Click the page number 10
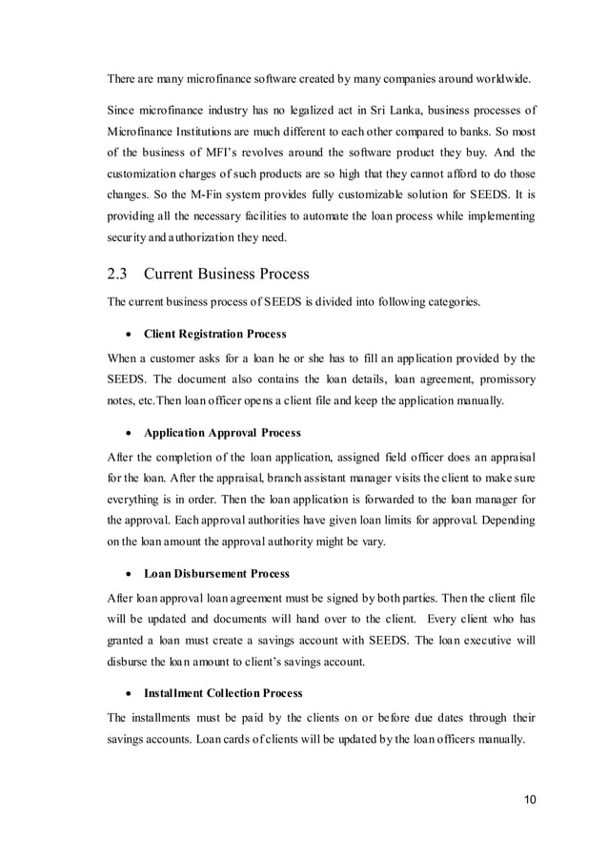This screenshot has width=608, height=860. click(x=528, y=799)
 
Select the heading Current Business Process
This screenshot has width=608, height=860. click(x=227, y=274)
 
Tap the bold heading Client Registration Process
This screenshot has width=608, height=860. click(x=214, y=334)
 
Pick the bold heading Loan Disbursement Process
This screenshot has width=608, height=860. click(x=216, y=574)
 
